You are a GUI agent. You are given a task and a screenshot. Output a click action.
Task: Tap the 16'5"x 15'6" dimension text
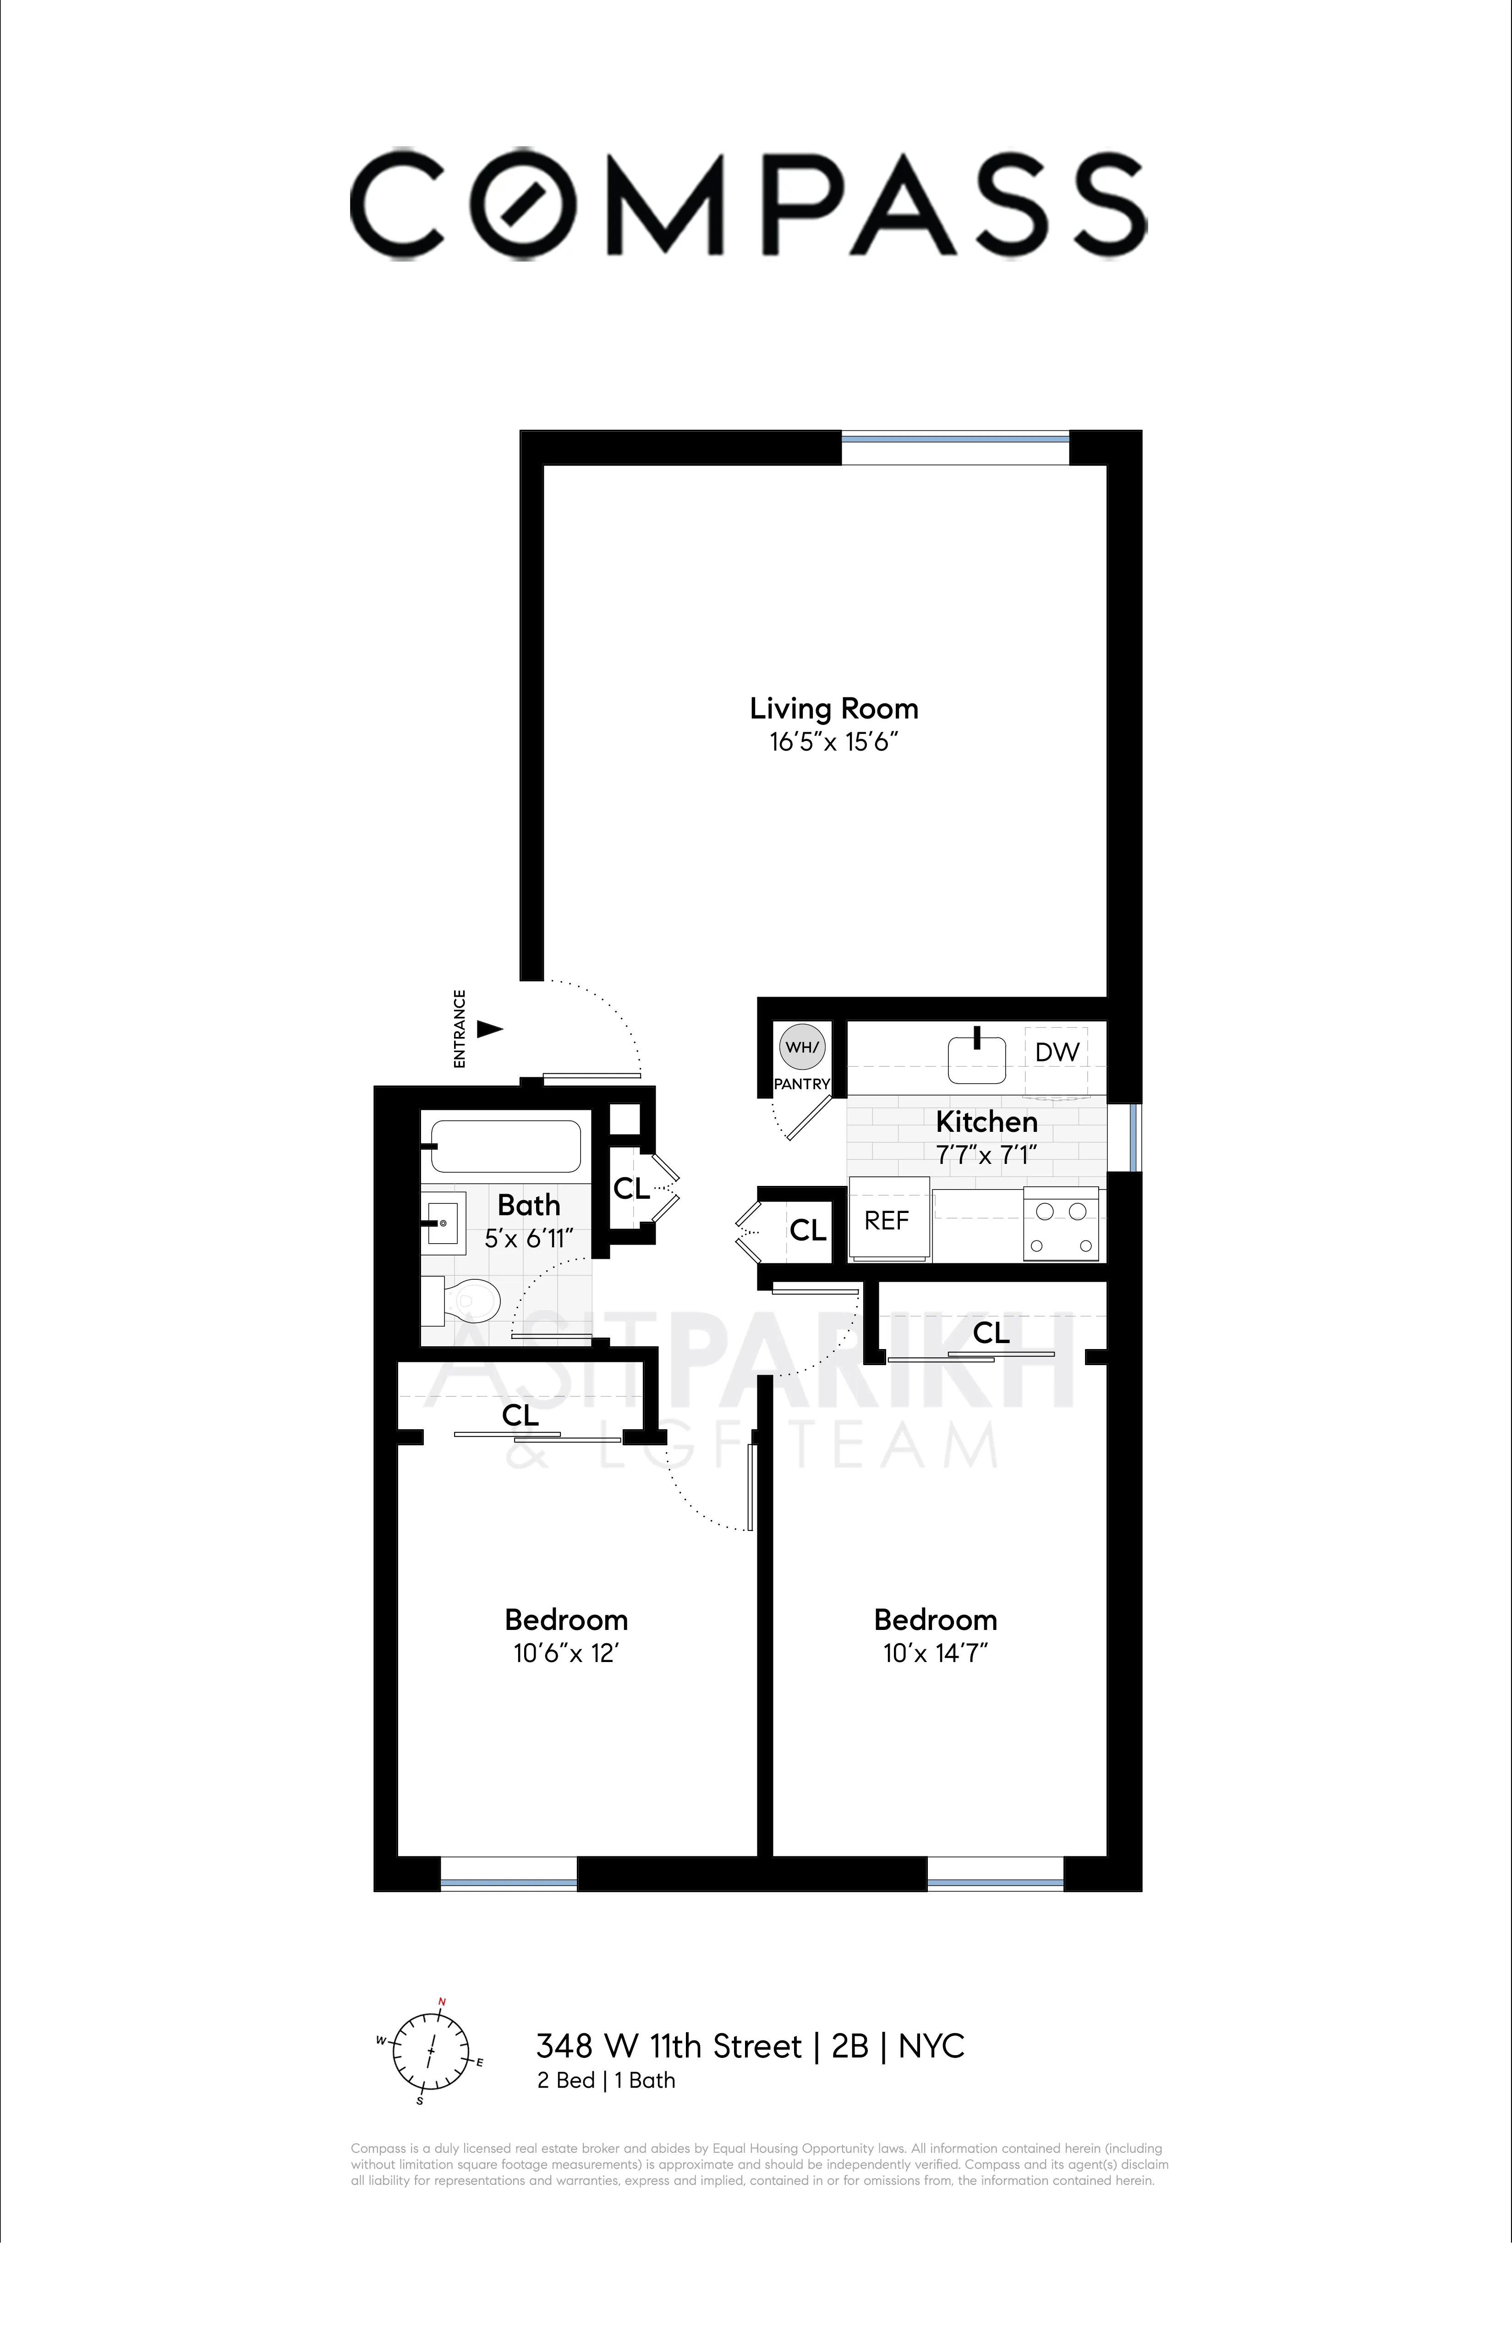point(833,742)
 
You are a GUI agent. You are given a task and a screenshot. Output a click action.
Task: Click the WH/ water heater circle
point(802,1047)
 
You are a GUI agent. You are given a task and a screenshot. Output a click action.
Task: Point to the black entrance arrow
point(490,1029)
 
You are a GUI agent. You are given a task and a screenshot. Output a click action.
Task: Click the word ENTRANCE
point(459,1028)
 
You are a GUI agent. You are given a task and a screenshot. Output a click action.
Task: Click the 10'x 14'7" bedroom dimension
point(935,1654)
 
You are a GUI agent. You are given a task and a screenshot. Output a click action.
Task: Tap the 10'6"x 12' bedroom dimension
point(565,1654)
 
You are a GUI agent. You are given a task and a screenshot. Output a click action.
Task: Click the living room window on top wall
point(954,448)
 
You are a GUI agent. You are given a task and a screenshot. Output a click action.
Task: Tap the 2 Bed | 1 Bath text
point(606,2080)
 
